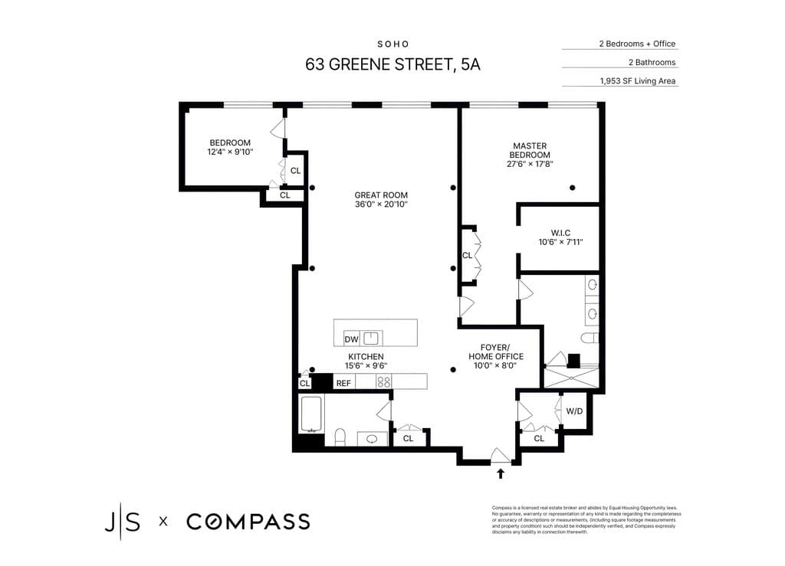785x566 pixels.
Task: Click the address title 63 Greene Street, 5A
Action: point(392,64)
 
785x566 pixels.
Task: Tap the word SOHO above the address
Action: point(392,44)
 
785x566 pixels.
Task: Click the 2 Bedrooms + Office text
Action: point(637,44)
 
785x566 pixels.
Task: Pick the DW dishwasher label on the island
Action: point(351,339)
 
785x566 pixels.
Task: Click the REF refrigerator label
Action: point(343,382)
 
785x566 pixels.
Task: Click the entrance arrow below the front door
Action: point(501,473)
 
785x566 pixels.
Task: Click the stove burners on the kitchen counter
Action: point(383,381)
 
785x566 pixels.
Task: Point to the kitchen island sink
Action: point(372,338)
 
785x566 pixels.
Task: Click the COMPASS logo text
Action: point(248,522)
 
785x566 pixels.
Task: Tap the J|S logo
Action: point(123,522)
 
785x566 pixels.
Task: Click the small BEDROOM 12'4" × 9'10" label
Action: point(230,147)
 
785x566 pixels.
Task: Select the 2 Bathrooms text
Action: point(652,62)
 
